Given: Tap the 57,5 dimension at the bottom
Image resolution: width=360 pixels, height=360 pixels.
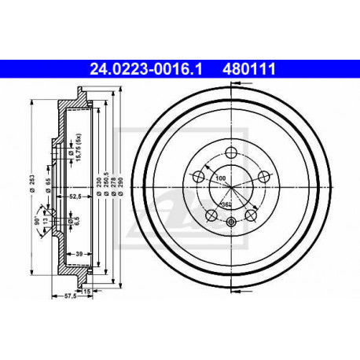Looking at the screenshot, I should (x=58, y=296).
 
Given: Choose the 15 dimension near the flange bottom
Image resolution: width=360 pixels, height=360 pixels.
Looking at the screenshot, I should (x=86, y=291).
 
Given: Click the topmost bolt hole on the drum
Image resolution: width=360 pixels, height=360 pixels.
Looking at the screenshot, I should (x=230, y=152).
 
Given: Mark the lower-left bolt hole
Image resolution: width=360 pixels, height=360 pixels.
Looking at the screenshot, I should (x=210, y=215).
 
